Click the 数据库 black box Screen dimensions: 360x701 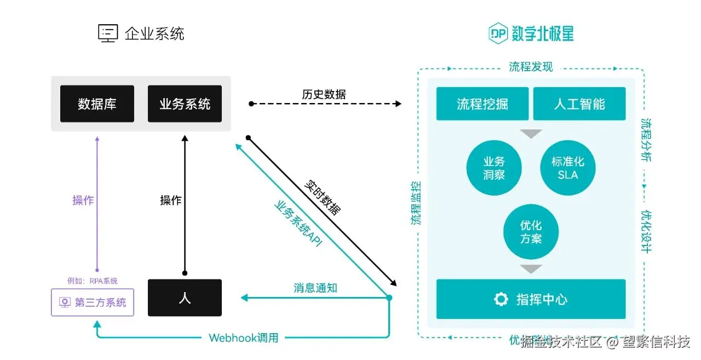click(97, 104)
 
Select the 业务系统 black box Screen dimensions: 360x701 click(185, 104)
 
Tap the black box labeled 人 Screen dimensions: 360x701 click(185, 298)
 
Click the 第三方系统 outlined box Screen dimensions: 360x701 click(92, 302)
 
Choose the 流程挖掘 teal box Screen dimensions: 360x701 click(482, 104)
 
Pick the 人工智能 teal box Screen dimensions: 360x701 click(579, 104)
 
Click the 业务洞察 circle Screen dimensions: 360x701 click(493, 168)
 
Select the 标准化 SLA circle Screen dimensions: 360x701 click(568, 168)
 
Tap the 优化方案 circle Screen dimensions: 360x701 click(531, 232)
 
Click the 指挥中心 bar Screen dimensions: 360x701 click(531, 299)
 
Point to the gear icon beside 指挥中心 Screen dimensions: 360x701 click(501, 299)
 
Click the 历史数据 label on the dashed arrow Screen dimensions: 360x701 click(324, 94)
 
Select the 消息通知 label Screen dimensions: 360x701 click(315, 288)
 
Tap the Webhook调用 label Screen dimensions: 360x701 click(243, 338)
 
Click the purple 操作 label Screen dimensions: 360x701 click(83, 201)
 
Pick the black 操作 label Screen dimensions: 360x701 click(170, 201)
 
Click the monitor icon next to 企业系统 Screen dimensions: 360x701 click(108, 33)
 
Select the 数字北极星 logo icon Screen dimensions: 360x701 click(499, 34)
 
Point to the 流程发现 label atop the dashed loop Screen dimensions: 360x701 click(531, 67)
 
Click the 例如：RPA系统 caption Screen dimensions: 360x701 click(92, 281)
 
